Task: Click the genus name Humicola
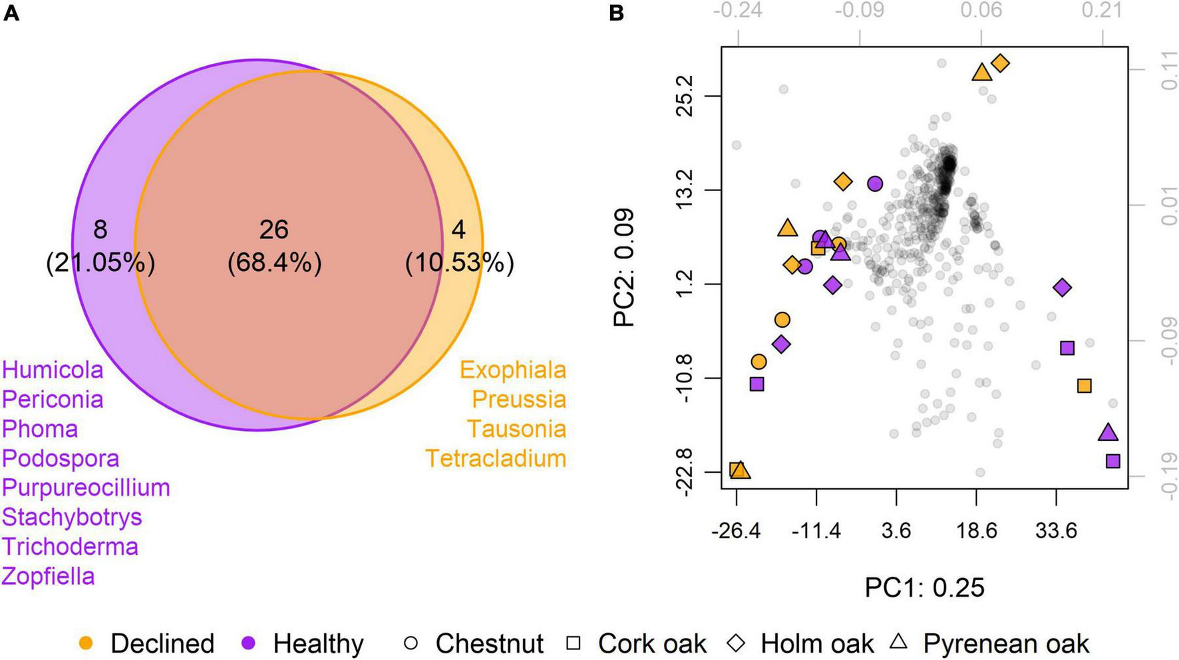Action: tap(53, 370)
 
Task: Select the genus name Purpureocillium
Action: tap(86, 488)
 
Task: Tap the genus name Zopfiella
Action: tap(48, 576)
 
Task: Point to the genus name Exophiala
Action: tap(512, 370)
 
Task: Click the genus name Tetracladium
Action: tap(496, 458)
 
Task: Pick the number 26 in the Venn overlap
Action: tap(273, 230)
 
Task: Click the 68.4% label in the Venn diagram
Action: tap(274, 262)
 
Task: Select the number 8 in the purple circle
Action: tap(100, 230)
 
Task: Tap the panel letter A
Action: tap(11, 13)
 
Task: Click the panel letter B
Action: tap(616, 13)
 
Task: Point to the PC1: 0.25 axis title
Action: tap(924, 587)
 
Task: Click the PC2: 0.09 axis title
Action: tap(624, 268)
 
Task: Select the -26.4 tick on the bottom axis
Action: tap(736, 531)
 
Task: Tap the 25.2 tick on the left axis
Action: tap(684, 96)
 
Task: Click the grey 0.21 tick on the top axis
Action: tap(1102, 10)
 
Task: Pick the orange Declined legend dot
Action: tap(86, 643)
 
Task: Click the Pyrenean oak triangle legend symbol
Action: tap(899, 642)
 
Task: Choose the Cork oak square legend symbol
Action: tap(573, 643)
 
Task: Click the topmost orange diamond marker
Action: tap(1000, 63)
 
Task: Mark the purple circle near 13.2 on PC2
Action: tap(875, 184)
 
